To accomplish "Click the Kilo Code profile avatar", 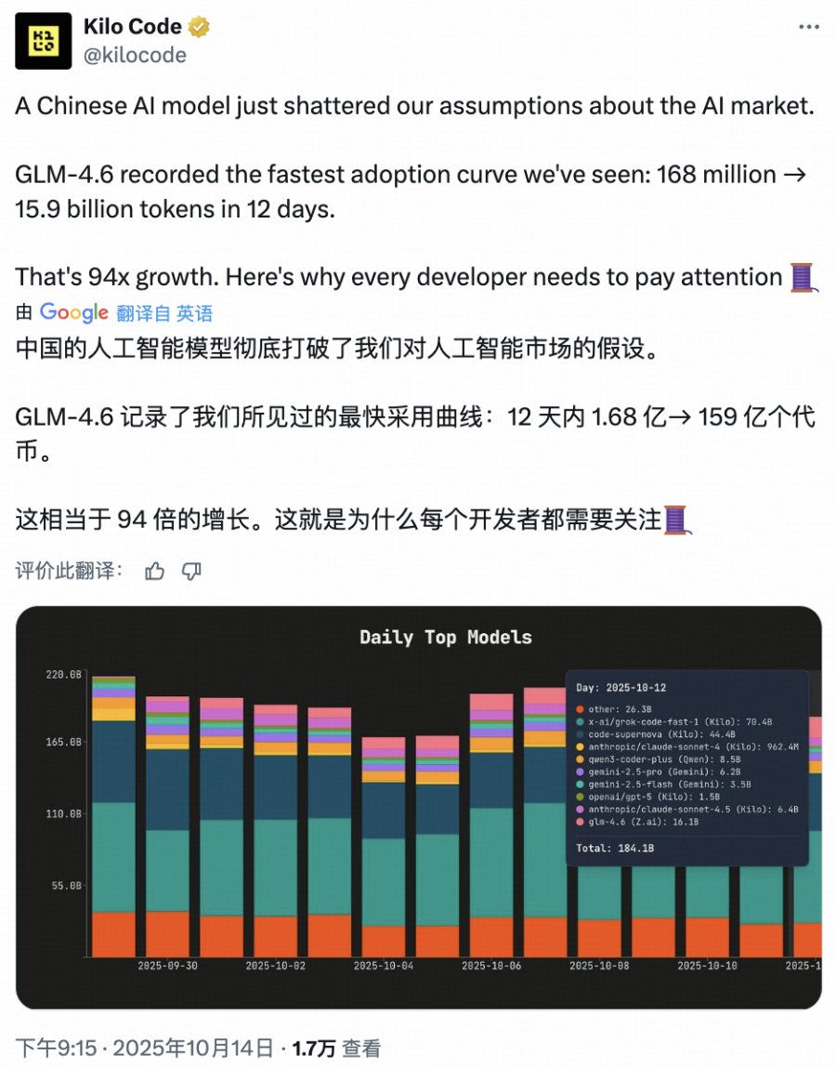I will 44,41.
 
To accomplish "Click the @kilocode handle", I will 135,55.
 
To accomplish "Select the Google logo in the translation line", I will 74,313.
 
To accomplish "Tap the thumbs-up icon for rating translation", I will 155,571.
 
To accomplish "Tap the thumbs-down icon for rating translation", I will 192,571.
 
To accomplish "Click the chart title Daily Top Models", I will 446,638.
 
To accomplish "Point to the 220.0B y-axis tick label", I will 63,674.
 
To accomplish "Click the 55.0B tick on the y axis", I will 66,886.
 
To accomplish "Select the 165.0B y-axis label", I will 63,743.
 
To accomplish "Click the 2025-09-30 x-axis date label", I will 168,966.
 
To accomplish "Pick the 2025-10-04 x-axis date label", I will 384,966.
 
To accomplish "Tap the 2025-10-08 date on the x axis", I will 599,966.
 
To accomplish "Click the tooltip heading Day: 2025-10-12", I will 620,689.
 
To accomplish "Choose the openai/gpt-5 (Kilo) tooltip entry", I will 642,797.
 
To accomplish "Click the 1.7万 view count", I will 314,1048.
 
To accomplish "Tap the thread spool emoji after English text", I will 803,277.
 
